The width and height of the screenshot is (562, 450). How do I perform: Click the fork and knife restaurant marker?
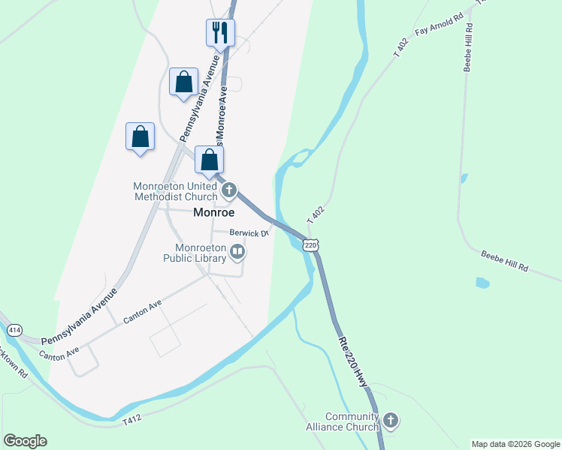tap(220, 32)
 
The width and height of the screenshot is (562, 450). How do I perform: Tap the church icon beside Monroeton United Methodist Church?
tap(229, 190)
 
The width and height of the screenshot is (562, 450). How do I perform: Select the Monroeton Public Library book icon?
tap(237, 252)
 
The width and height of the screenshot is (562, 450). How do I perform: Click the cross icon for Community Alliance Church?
tap(389, 421)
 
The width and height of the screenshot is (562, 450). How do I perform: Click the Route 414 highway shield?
tap(14, 329)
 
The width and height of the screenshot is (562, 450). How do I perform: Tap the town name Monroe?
tap(214, 212)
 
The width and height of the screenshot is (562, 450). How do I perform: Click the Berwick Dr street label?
tap(249, 232)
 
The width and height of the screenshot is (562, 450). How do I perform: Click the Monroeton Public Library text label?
tap(195, 253)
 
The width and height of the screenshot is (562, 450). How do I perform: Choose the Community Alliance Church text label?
tap(351, 421)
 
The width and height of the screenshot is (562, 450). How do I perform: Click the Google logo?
tap(25, 441)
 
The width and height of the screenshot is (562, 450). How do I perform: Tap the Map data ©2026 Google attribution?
tap(515, 444)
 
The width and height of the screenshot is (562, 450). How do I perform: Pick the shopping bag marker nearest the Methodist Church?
tap(210, 160)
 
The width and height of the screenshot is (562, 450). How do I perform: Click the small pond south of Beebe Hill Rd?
tap(482, 283)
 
